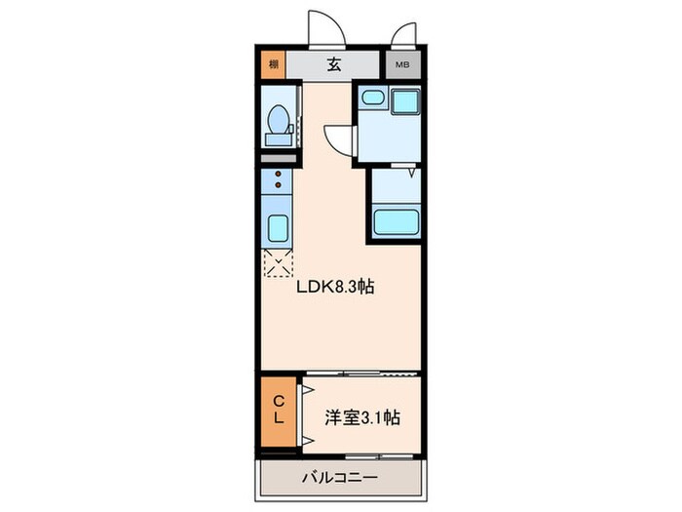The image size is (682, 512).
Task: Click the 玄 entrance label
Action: pos(333,66)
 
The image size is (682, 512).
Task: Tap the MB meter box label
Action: pos(400,66)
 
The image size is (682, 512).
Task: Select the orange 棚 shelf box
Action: pos(274,66)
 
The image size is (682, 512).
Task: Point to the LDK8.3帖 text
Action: pos(336,288)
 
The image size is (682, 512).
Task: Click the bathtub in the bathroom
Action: pos(398,221)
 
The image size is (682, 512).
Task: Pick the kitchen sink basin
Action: pos(276,228)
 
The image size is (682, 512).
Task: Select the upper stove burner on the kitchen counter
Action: pos(278,175)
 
